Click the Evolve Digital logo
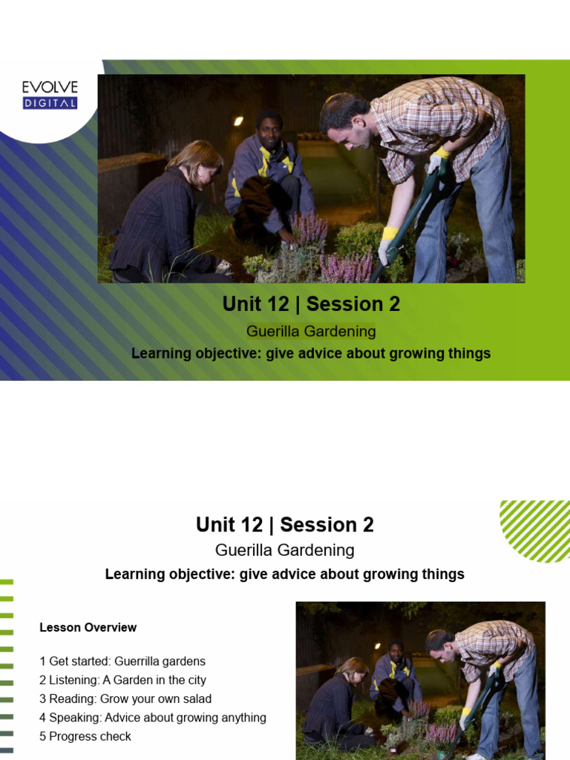(50, 95)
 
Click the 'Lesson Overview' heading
(88, 628)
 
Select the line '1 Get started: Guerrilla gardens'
(122, 661)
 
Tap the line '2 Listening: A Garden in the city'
(122, 680)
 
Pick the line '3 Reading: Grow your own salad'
(125, 698)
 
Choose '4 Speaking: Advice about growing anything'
(152, 718)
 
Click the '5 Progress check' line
(85, 736)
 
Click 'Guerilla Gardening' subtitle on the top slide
(311, 331)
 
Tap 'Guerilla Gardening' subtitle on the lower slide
(284, 550)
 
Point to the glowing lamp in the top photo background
(238, 121)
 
